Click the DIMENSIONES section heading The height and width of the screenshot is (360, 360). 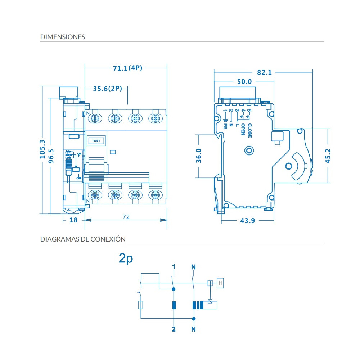(63, 37)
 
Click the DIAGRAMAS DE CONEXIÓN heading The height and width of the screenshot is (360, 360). (83, 239)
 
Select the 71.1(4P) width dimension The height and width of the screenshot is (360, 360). (127, 68)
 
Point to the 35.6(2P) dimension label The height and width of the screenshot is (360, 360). (108, 89)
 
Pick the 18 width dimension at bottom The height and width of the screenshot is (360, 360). (73, 220)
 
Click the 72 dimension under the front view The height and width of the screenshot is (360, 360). (126, 217)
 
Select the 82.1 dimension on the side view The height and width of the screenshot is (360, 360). (264, 72)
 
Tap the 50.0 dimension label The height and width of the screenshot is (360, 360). (244, 82)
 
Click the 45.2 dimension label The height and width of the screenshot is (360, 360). (328, 156)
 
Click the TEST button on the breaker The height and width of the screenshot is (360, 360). (96, 141)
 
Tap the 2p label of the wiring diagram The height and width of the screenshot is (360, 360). (126, 258)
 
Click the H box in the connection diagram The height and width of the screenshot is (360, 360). (220, 283)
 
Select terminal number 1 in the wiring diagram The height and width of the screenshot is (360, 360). (174, 267)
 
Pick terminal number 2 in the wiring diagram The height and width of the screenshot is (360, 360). (174, 329)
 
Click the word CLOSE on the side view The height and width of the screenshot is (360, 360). (249, 131)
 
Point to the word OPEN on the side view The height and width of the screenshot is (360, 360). (243, 130)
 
